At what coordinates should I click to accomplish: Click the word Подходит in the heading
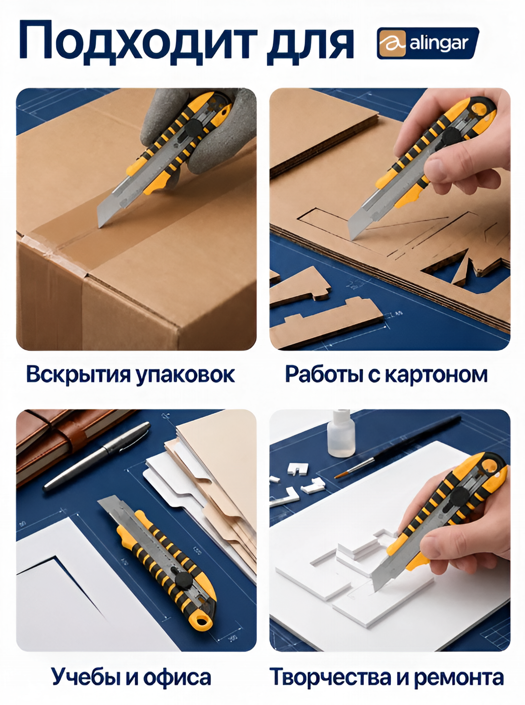[138, 43]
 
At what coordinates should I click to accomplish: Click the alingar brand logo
[428, 43]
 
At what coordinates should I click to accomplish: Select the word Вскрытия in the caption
[78, 375]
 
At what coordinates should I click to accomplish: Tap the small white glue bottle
[342, 433]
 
